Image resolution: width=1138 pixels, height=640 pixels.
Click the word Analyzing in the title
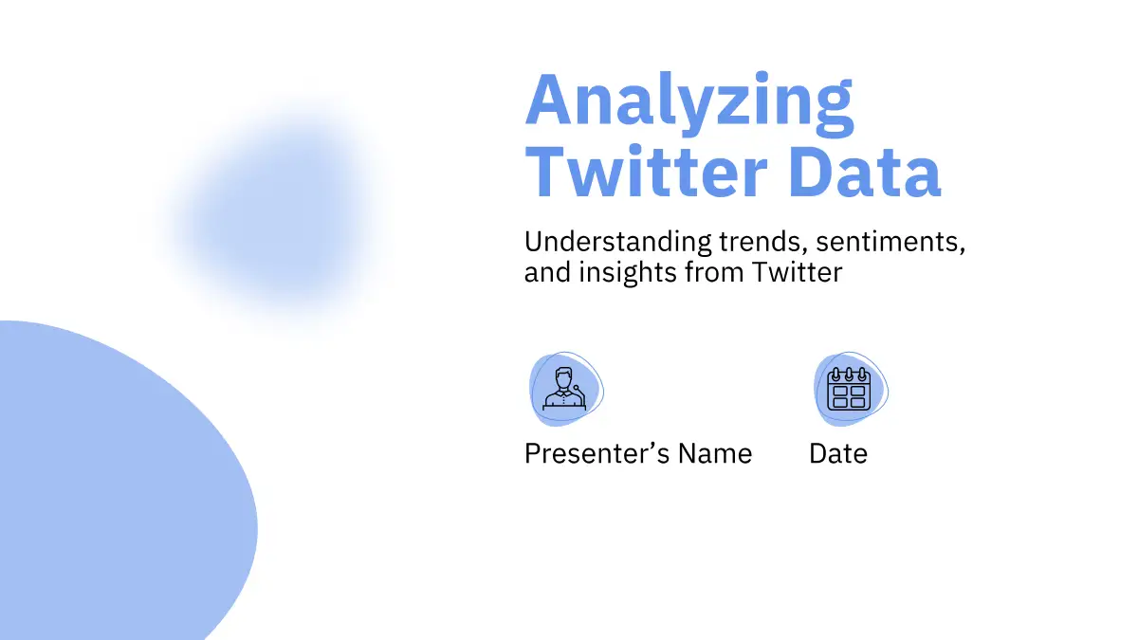pyautogui.click(x=689, y=104)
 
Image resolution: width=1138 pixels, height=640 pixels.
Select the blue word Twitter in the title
pyautogui.click(x=646, y=172)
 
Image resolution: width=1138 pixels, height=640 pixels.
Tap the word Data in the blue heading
pyautogui.click(x=865, y=172)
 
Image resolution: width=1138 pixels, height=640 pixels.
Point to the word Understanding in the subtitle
pyautogui.click(x=617, y=243)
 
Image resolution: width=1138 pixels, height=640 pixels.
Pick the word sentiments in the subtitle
pyautogui.click(x=890, y=243)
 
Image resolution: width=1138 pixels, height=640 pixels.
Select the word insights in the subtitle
pyautogui.click(x=628, y=273)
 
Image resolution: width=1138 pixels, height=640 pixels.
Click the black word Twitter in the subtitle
pyautogui.click(x=797, y=272)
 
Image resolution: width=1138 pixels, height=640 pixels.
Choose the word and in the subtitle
pyautogui.click(x=548, y=273)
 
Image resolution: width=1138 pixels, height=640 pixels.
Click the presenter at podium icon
pyautogui.click(x=564, y=388)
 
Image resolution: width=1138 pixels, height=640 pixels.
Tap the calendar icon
pyautogui.click(x=849, y=389)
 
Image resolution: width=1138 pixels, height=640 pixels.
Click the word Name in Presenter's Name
pyautogui.click(x=715, y=453)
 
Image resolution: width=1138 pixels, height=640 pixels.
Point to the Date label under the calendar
pyautogui.click(x=838, y=453)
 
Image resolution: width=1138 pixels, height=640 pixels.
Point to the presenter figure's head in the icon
pyautogui.click(x=564, y=378)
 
